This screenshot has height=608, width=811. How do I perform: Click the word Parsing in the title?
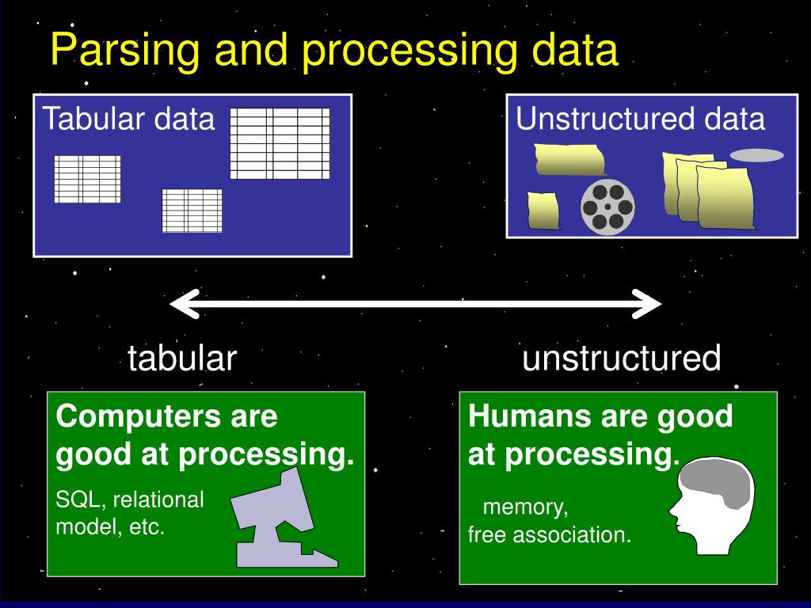110,51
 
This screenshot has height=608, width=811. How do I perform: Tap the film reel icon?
607,207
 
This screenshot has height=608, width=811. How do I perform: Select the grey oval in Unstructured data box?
756,155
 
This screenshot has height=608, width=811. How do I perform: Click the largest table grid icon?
280,143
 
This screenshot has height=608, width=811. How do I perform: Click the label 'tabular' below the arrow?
182,359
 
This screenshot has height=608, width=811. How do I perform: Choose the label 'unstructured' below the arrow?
622,359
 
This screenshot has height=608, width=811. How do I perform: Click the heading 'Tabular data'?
128,119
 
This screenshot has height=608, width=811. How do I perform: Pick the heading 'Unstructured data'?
641,119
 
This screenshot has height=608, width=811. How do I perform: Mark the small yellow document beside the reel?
544,211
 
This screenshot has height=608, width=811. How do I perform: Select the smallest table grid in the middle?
192,211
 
